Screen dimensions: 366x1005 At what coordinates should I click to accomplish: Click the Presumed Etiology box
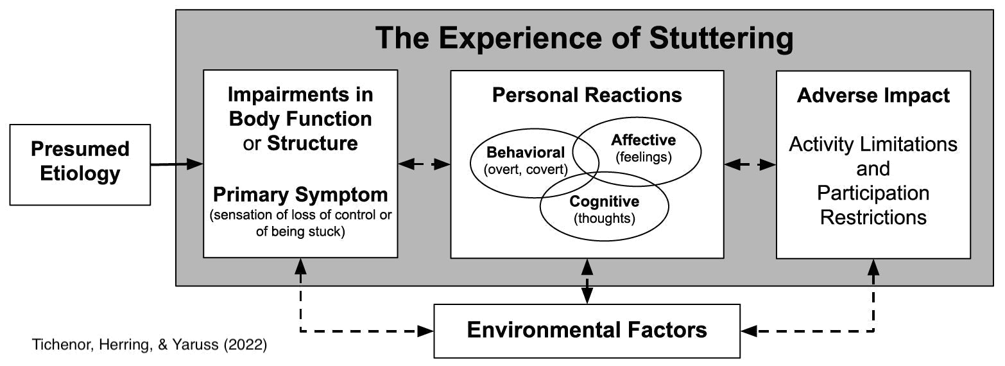point(80,164)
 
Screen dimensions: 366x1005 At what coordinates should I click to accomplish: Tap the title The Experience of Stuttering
point(584,38)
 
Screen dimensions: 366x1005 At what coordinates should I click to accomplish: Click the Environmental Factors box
point(587,330)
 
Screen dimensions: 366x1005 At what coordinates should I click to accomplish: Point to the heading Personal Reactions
point(587,95)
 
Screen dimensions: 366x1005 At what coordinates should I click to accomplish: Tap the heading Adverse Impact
point(873,95)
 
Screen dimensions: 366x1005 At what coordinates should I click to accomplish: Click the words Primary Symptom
point(300,194)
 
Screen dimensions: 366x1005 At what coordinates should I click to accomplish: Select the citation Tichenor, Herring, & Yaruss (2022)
point(150,345)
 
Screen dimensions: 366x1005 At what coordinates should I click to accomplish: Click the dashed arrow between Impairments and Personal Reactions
point(424,164)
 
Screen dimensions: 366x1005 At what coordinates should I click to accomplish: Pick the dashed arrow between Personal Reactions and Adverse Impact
point(750,164)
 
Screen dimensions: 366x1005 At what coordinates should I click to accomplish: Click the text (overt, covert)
point(525,170)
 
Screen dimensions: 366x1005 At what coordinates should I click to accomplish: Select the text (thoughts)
point(604,218)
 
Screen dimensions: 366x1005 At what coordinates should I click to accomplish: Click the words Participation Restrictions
point(873,205)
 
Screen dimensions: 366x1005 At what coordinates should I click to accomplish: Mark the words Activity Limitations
point(873,144)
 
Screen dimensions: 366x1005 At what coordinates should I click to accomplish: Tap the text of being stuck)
point(300,231)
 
